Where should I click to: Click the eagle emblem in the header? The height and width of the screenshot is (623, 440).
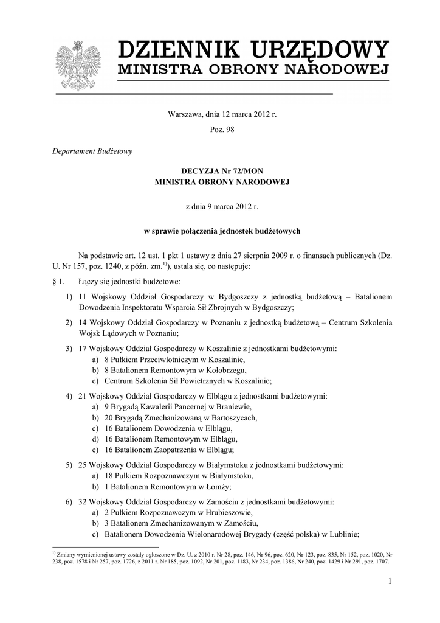77,65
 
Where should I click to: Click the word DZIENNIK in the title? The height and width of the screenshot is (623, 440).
176,49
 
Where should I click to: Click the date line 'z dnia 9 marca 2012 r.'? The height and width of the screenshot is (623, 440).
222,207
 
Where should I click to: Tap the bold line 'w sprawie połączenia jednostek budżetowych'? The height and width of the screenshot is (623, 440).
222,231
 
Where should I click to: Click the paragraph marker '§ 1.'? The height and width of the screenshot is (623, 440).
60,282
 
